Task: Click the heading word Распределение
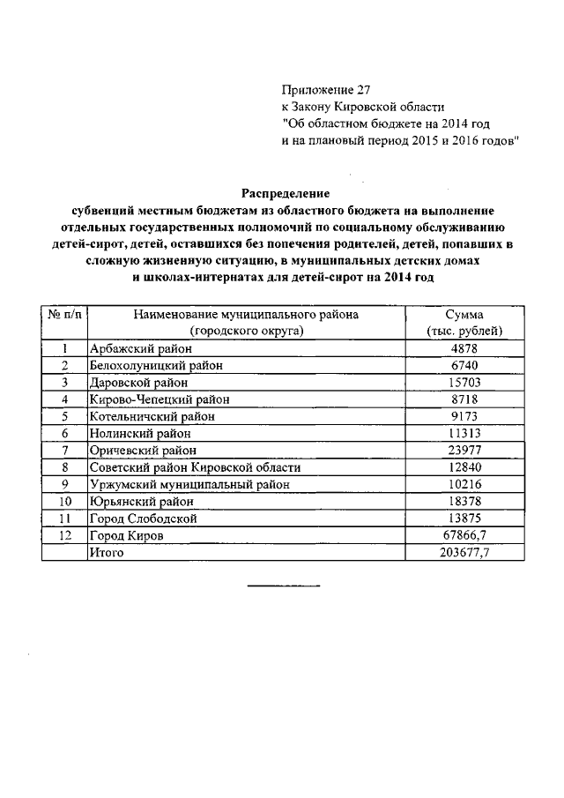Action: [286, 192]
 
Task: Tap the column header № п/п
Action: [64, 315]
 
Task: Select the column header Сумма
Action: [464, 315]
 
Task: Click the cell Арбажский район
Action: [141, 349]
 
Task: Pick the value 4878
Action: [464, 349]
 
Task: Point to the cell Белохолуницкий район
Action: [156, 366]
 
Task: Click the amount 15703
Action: [464, 383]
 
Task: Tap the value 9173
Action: [464, 416]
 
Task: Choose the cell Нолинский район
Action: [139, 433]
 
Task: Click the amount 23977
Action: [464, 450]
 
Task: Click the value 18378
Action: [464, 501]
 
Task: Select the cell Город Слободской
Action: [143, 518]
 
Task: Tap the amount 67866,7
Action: [464, 535]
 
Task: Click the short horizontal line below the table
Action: [283, 586]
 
